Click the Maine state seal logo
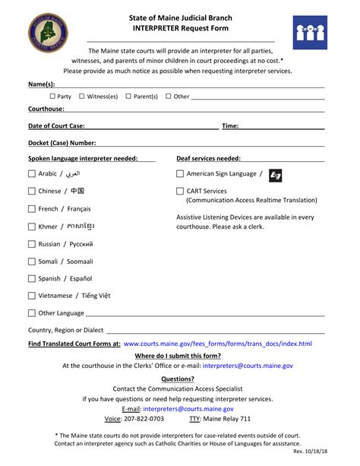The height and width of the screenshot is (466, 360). tap(49, 32)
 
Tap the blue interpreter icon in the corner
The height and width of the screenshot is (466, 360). tap(310, 32)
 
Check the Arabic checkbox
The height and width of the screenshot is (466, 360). tap(31, 173)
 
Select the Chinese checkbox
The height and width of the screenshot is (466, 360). tap(31, 191)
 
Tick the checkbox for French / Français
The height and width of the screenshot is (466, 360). tap(31, 209)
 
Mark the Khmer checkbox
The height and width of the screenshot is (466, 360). tap(31, 227)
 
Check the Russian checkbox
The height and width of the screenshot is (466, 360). tap(31, 245)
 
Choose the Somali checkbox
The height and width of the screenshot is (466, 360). tap(31, 262)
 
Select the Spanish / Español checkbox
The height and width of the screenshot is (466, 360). tap(31, 279)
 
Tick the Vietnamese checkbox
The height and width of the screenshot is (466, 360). tap(31, 296)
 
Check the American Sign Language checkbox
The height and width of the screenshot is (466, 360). tap(180, 173)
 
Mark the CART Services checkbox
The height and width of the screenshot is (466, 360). tap(180, 192)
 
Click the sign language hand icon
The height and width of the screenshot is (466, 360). tap(276, 174)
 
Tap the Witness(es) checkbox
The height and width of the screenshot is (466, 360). tap(82, 97)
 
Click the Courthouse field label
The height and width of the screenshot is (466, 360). tap(46, 109)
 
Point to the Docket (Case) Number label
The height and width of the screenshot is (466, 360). tap(62, 142)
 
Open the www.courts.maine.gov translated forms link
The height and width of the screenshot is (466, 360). tap(217, 344)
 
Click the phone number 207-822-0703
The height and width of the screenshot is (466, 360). tap(143, 418)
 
